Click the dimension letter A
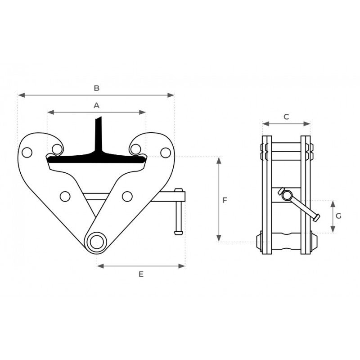click(x=96, y=105)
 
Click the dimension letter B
click(x=96, y=88)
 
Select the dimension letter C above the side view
click(x=286, y=117)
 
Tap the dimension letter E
click(x=141, y=274)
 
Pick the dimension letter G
click(x=338, y=216)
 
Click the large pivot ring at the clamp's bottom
click(x=96, y=242)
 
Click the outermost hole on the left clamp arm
click(x=27, y=153)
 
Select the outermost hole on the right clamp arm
click(x=166, y=153)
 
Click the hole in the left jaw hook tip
click(x=57, y=148)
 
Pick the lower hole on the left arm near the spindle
click(x=65, y=196)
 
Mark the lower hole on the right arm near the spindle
click(x=127, y=196)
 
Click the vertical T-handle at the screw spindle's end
click(x=179, y=211)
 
